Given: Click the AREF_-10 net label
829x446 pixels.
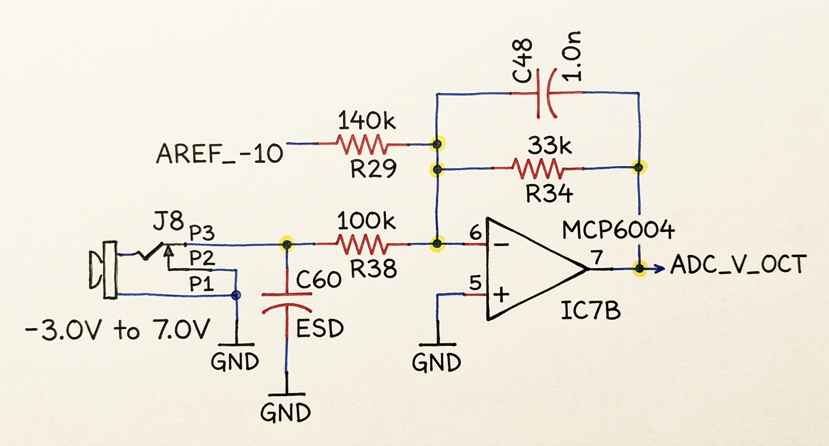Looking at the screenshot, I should pyautogui.click(x=220, y=154).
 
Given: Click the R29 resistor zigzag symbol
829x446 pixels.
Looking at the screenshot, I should pyautogui.click(x=362, y=144).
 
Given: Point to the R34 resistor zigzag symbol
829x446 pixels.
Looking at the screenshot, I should pyautogui.click(x=538, y=170).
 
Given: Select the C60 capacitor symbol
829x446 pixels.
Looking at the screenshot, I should pyautogui.click(x=286, y=300).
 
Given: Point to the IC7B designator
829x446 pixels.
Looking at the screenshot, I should pyautogui.click(x=591, y=311).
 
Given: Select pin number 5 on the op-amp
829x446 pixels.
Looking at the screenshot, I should pyautogui.click(x=474, y=283).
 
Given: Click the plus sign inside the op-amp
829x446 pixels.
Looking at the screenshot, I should pyautogui.click(x=502, y=294).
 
